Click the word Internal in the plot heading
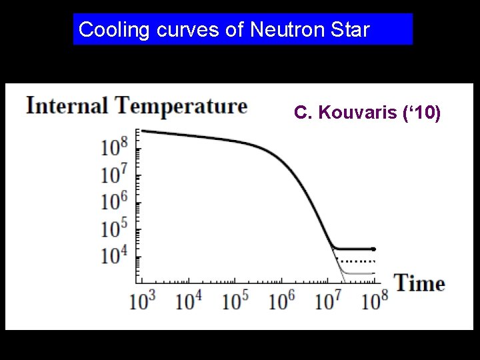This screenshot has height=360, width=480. [67, 105]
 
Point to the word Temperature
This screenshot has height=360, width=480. [181, 105]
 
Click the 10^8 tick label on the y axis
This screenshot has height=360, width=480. [114, 146]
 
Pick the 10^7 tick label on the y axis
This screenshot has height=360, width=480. [114, 173]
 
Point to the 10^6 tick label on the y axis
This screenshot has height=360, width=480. [114, 201]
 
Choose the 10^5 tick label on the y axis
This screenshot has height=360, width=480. [114, 228]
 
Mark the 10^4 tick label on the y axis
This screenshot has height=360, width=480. [114, 255]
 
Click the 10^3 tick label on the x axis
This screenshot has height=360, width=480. [141, 300]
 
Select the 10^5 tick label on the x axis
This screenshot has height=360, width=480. [235, 300]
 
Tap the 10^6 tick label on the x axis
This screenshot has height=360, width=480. [283, 300]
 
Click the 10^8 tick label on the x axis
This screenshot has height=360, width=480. [375, 300]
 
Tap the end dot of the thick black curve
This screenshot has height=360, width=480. [373, 249]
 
